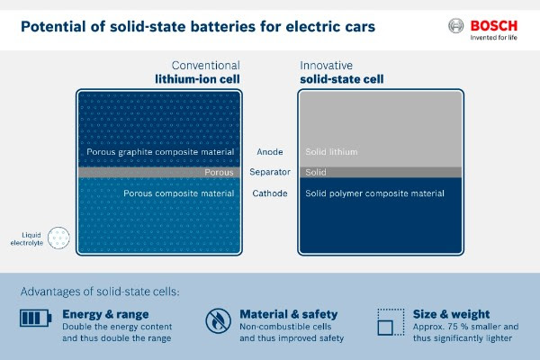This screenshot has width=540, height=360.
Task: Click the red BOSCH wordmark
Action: tap(494, 26)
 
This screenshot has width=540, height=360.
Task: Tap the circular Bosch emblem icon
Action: tap(455, 26)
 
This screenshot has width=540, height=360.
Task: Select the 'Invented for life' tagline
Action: tap(494, 38)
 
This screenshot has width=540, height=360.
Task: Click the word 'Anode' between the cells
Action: tap(270, 152)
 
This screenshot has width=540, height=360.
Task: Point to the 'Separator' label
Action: tap(270, 172)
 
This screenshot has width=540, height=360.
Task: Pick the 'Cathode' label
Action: tap(270, 193)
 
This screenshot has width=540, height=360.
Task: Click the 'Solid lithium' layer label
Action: tap(331, 152)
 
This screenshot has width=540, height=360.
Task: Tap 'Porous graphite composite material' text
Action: tap(160, 152)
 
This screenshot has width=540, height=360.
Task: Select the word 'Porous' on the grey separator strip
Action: tap(219, 172)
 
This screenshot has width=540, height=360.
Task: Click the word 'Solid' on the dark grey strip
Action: tap(316, 172)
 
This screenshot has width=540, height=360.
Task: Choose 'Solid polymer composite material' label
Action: tap(374, 193)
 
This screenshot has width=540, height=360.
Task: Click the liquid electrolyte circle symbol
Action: tap(58, 238)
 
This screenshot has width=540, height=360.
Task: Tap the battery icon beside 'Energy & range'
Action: tap(35, 318)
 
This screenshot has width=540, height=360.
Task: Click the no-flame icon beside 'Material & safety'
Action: tap(218, 320)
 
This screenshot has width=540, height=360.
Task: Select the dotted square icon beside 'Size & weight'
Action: tap(391, 322)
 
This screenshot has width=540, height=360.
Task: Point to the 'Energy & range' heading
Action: tap(105, 314)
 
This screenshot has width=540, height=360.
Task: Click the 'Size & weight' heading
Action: tap(451, 314)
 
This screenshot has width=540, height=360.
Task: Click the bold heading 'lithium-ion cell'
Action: tap(197, 79)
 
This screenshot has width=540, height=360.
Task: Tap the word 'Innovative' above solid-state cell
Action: tap(326, 66)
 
